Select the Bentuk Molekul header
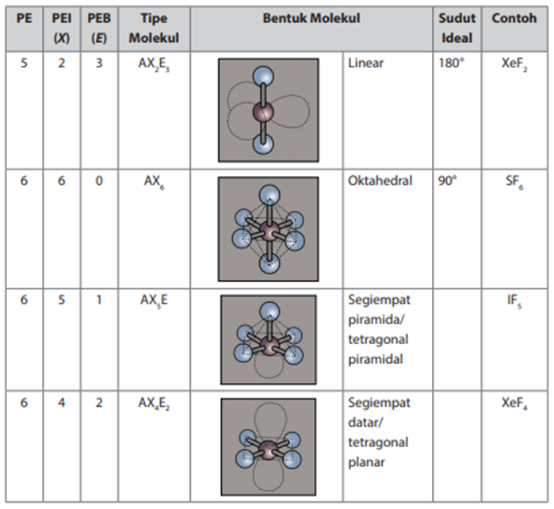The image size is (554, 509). (311, 17)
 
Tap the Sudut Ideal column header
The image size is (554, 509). (457, 28)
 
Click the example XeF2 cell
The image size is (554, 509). (514, 63)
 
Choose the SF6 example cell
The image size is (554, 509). (514, 182)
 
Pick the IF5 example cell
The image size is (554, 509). (514, 301)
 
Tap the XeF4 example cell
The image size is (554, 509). (515, 404)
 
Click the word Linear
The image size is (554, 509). (365, 63)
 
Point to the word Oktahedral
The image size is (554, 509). (380, 181)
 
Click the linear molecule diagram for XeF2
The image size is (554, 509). (269, 110)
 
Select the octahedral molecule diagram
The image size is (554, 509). (269, 229)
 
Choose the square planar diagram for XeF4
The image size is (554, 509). (269, 446)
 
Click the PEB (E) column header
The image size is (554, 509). (99, 28)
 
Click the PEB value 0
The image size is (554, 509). (99, 181)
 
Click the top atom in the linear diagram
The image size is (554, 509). (263, 77)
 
